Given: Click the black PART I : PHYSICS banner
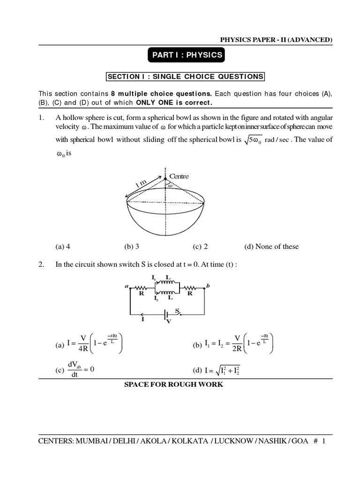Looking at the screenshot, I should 186,55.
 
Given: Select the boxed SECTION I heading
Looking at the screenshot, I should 186,76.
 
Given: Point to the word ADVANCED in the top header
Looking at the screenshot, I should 311,40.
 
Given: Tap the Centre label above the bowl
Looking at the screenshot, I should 179,176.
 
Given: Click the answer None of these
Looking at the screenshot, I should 271,247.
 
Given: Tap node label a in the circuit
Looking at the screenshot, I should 126,285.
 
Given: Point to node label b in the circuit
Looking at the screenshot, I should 208,285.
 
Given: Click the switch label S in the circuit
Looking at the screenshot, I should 177,311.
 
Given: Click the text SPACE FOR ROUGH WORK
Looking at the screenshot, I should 173,385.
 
